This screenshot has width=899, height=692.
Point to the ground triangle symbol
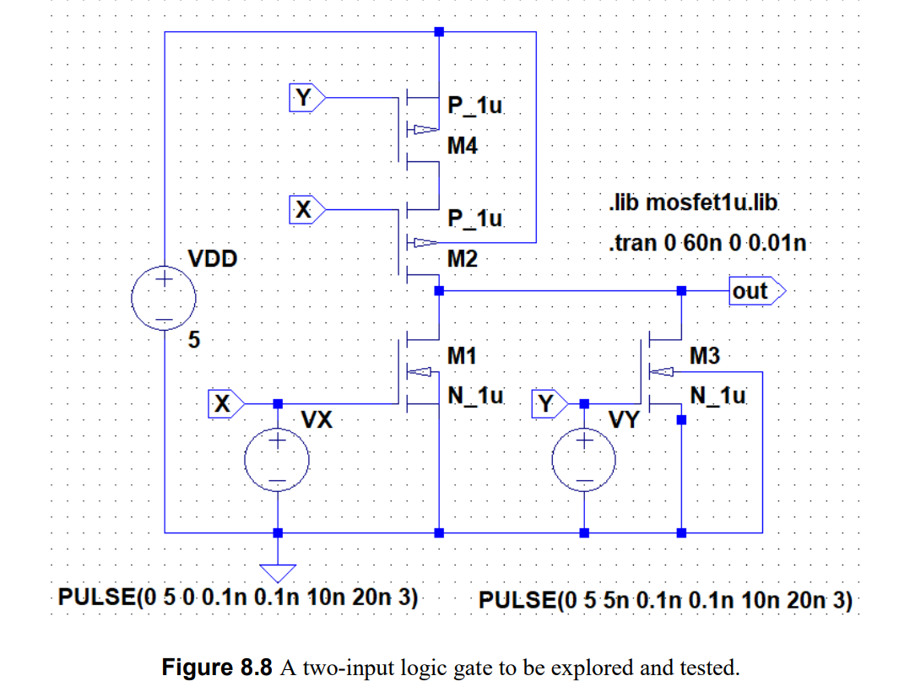[277, 571]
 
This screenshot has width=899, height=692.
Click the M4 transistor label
[462, 146]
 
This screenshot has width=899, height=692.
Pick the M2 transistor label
[462, 259]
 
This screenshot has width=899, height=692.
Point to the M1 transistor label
[462, 356]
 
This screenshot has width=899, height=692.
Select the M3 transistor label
[705, 356]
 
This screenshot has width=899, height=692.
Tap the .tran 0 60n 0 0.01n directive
[707, 244]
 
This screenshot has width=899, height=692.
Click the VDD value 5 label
[193, 340]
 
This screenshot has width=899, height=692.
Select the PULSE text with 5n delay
[665, 601]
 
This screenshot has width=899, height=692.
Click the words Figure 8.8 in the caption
[217, 668]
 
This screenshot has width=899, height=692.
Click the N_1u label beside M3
[718, 394]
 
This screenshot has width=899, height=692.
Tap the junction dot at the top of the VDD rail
[438, 32]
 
